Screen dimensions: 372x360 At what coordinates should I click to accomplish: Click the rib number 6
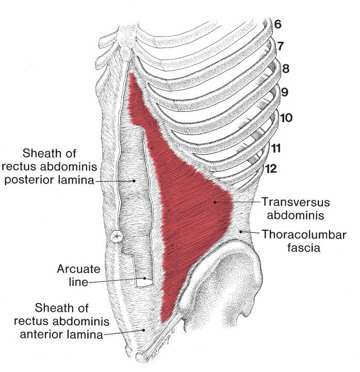tap(278, 24)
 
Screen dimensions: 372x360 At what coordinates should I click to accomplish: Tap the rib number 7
tap(280, 46)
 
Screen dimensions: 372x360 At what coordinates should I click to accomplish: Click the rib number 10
tap(286, 118)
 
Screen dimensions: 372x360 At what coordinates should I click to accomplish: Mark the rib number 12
tap(271, 168)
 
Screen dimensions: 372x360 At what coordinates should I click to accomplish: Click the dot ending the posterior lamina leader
tap(134, 181)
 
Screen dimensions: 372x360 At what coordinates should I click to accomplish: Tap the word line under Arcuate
tap(77, 282)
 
